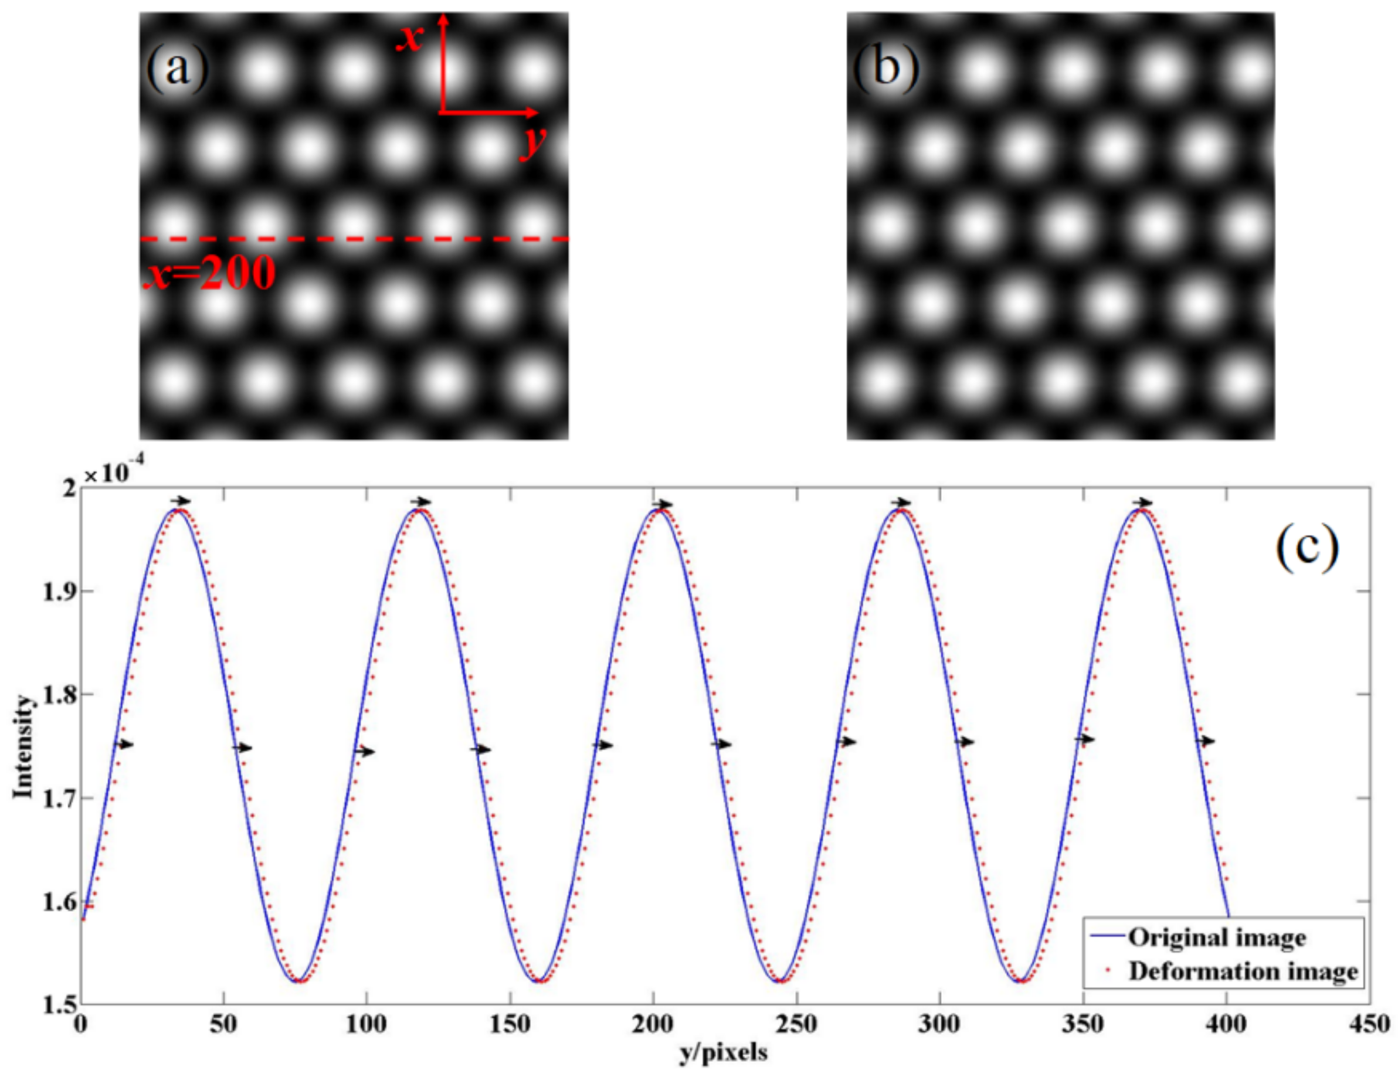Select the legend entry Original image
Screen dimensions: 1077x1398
tap(1217, 937)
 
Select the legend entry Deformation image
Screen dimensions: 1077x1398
tap(1243, 971)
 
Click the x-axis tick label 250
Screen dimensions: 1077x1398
tap(796, 1025)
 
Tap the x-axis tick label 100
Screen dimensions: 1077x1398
tap(366, 1025)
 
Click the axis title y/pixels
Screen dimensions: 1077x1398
tap(723, 1054)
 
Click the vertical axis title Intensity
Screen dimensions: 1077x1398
tap(23, 747)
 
